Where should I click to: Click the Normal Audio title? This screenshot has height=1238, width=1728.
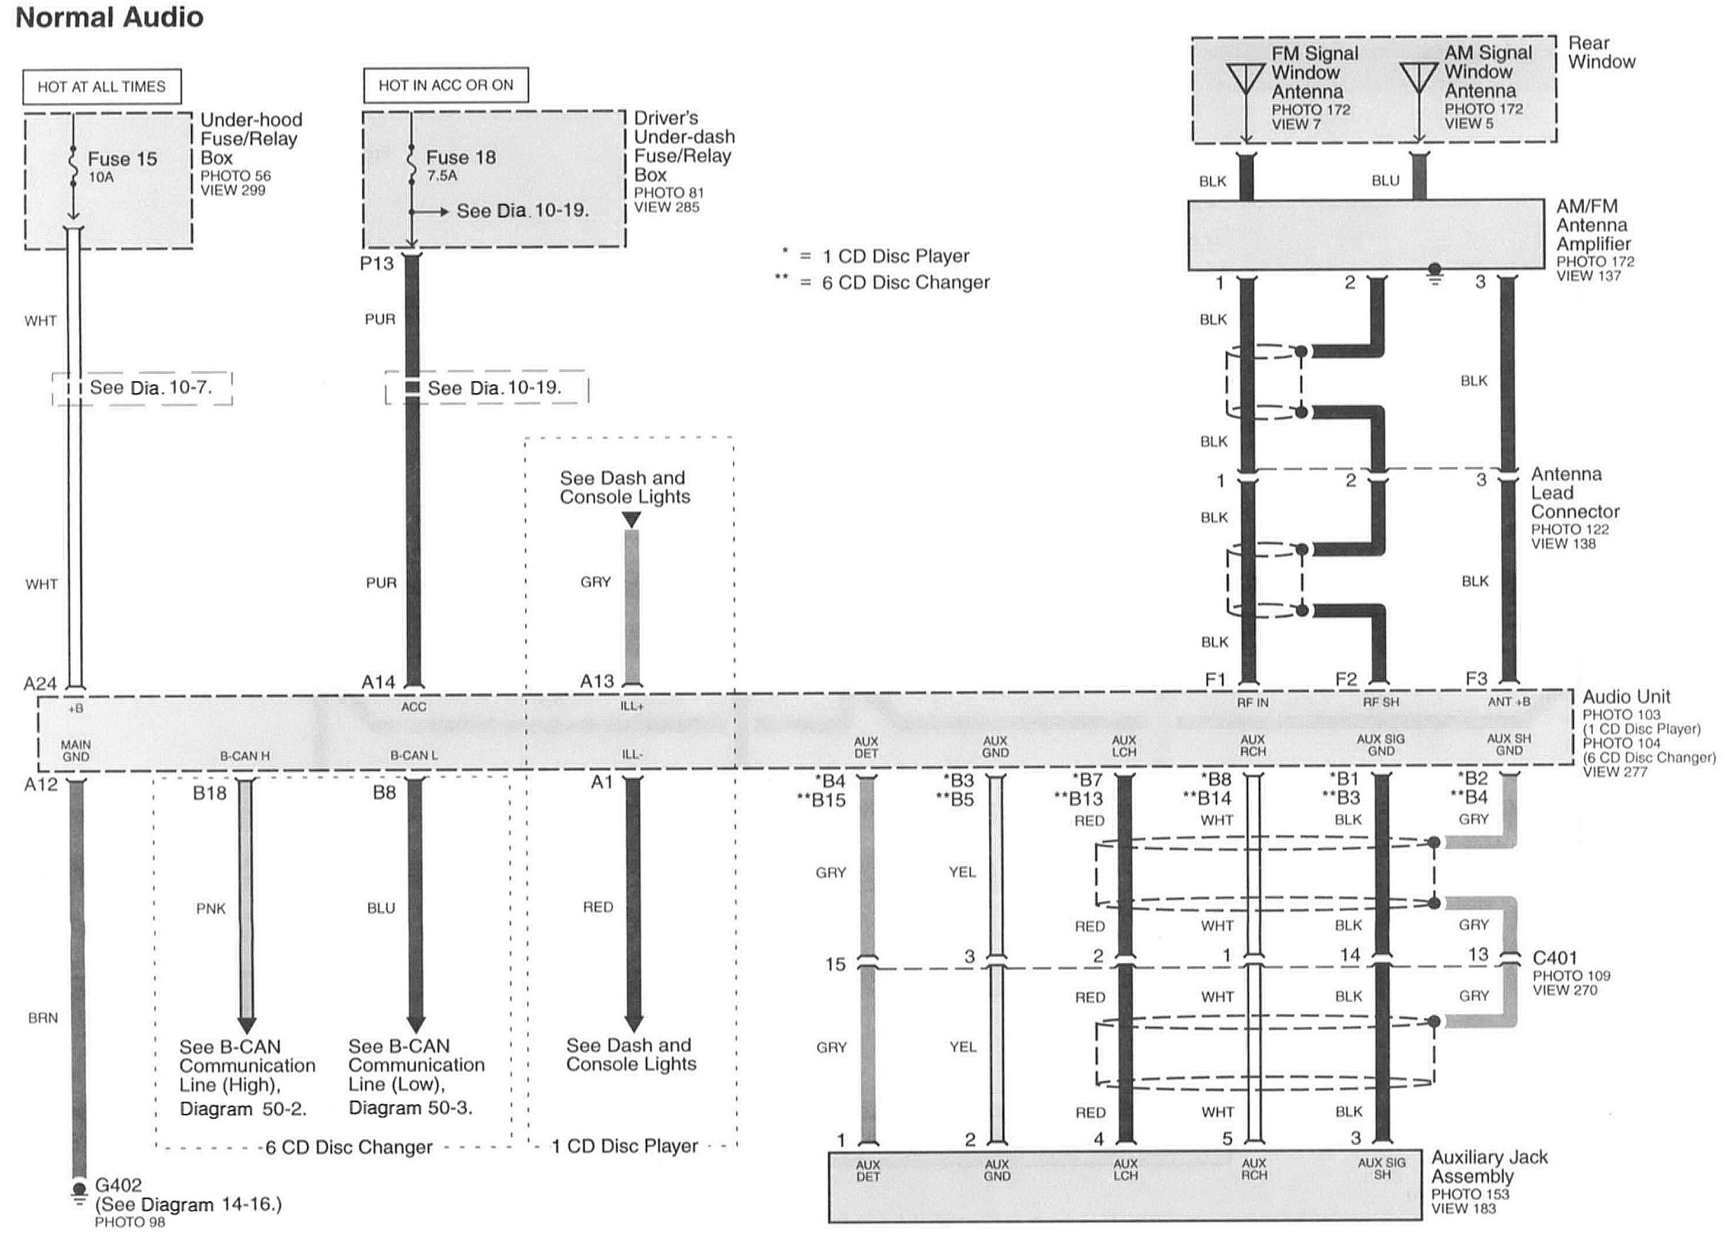110,18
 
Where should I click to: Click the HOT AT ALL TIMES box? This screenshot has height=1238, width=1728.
101,87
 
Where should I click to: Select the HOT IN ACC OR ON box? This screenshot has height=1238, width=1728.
445,84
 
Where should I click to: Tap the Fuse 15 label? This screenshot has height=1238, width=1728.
122,159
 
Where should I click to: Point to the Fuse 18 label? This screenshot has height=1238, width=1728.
460,157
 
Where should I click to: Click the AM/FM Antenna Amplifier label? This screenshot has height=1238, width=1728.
1593,225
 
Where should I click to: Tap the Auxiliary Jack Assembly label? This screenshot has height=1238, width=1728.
1490,1166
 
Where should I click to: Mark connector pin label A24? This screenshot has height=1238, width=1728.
40,683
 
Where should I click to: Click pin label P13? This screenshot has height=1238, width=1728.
377,264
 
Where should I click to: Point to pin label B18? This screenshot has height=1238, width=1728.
209,793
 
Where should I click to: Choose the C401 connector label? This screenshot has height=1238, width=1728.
1554,958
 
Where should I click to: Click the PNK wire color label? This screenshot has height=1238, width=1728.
211,908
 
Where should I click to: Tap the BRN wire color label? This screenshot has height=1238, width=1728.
43,1018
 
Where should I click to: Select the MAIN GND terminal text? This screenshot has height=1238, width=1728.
75,751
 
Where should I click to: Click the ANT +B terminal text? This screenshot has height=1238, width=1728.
1509,702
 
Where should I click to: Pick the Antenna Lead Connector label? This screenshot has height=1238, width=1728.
1575,493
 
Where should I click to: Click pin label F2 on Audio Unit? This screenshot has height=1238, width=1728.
1346,680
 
